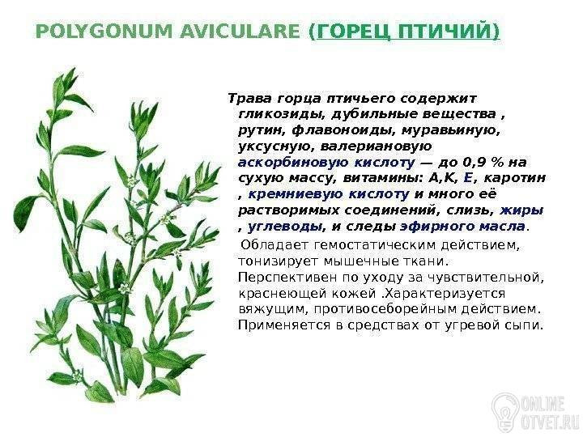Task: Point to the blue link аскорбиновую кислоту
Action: pyautogui.click(x=326, y=163)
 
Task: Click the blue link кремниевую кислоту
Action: pyautogui.click(x=328, y=194)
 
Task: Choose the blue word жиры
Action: pyautogui.click(x=521, y=210)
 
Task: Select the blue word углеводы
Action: pyautogui.click(x=285, y=227)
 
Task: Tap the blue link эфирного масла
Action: pyautogui.click(x=462, y=227)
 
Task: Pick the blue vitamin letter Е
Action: pyautogui.click(x=467, y=178)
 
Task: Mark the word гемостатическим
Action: pyautogui.click(x=375, y=246)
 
